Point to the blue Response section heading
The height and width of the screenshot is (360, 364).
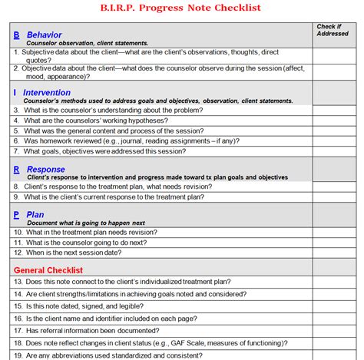coord(45,169)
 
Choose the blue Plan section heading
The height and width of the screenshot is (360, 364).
coord(35,215)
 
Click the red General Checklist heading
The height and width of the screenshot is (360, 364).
coord(48,269)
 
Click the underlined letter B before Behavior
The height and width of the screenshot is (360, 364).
coord(16,35)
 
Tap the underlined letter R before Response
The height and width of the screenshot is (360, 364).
coord(16,169)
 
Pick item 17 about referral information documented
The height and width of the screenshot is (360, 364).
coord(100,331)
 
